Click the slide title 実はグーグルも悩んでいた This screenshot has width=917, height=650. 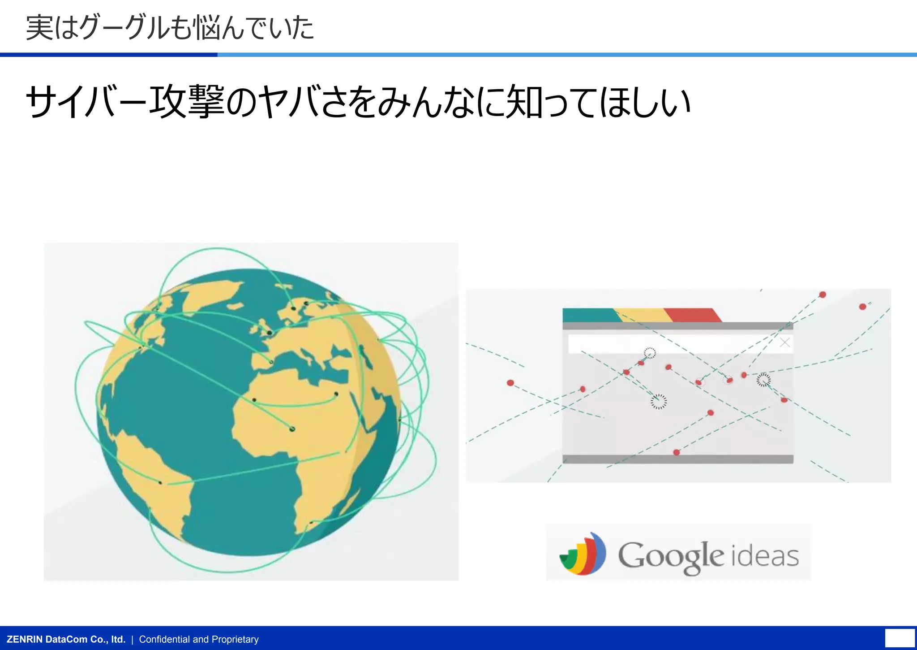(x=170, y=28)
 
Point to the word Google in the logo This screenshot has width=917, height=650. (x=671, y=556)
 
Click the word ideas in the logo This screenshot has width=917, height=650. (x=765, y=556)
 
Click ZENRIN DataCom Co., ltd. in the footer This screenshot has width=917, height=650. (x=66, y=639)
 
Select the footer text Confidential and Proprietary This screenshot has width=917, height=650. (x=199, y=639)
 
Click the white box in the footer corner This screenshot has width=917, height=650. (x=900, y=638)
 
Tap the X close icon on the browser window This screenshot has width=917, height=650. (x=784, y=343)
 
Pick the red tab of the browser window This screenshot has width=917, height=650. (x=692, y=315)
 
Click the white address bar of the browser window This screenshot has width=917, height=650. (x=672, y=344)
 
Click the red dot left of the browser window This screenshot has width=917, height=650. (x=510, y=383)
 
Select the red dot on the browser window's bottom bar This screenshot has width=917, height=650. (x=677, y=453)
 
